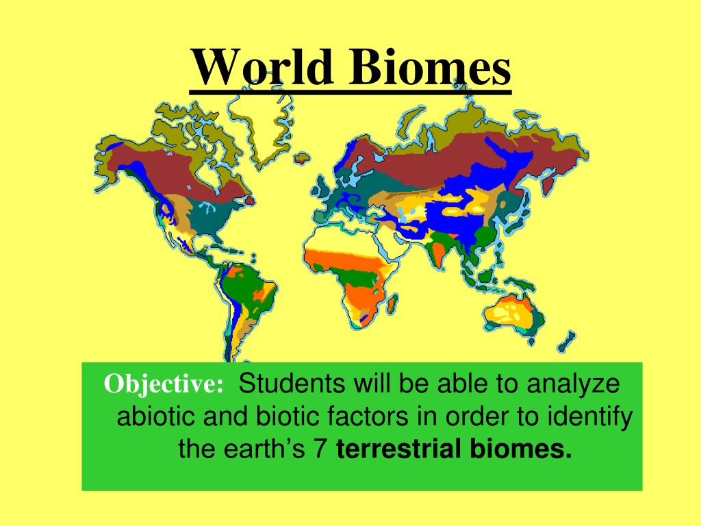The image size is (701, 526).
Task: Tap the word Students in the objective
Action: click(292, 384)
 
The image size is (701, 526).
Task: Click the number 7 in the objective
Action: click(319, 449)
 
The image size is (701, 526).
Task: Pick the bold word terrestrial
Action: click(399, 449)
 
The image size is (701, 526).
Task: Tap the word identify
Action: click(589, 417)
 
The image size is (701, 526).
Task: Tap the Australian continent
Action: click(513, 312)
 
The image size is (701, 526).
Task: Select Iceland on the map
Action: click(302, 158)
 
